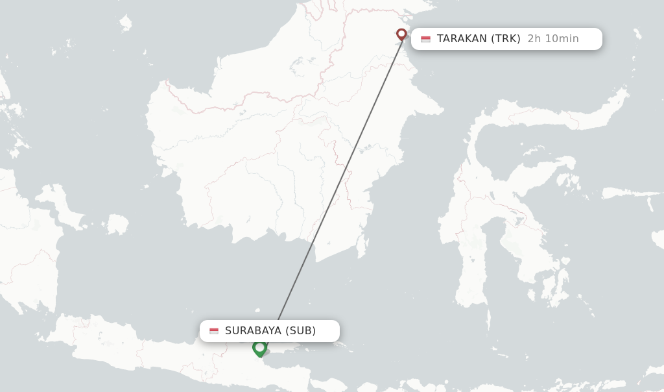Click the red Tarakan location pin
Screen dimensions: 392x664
click(401, 34)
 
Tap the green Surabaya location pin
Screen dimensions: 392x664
click(260, 349)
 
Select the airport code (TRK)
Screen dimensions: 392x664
click(506, 39)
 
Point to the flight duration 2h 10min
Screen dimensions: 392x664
click(552, 39)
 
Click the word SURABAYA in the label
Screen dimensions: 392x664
click(253, 331)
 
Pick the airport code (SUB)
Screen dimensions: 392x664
click(300, 331)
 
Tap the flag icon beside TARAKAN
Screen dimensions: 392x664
click(425, 39)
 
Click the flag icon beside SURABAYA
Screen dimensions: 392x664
click(214, 331)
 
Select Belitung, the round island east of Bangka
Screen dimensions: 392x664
click(117, 225)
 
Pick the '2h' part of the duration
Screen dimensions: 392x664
click(534, 39)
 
